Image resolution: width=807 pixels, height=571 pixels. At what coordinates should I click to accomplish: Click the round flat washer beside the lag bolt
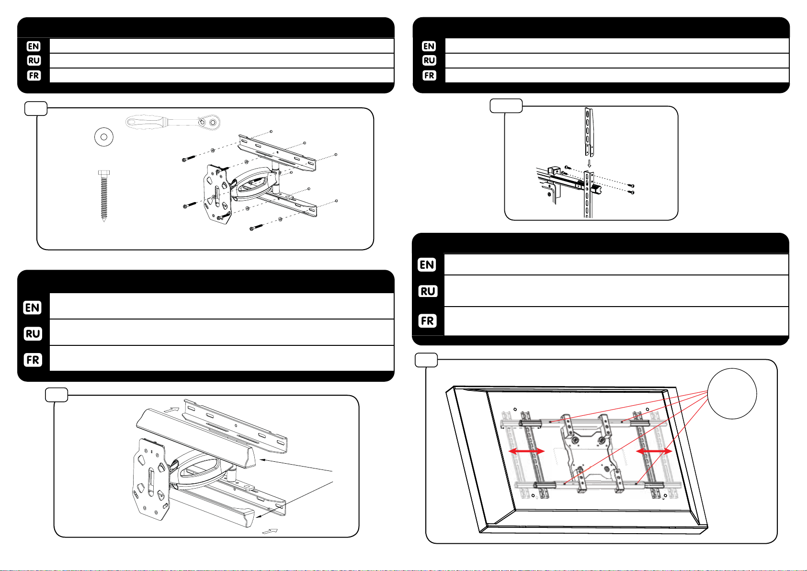99,137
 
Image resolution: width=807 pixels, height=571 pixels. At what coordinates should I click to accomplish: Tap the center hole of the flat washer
104,137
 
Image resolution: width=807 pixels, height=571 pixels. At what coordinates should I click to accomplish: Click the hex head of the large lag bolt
104,173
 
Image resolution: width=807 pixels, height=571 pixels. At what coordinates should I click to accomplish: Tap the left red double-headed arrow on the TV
526,451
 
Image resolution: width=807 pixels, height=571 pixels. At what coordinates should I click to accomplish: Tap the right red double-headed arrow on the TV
654,451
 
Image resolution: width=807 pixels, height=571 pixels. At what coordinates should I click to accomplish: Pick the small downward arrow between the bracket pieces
590,163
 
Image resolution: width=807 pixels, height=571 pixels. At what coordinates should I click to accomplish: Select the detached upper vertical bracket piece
589,131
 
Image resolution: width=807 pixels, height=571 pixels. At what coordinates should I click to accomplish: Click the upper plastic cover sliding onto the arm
196,438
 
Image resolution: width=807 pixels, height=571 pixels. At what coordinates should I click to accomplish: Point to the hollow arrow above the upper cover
171,410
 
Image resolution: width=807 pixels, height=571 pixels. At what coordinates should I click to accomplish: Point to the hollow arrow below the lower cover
270,531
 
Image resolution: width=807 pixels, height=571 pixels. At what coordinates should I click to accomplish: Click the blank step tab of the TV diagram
426,360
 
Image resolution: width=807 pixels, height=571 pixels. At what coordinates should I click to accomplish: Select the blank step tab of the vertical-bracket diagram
506,106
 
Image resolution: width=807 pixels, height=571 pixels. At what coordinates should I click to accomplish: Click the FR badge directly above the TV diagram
428,320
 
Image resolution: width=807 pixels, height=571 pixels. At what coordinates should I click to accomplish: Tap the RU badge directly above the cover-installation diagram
33,333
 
